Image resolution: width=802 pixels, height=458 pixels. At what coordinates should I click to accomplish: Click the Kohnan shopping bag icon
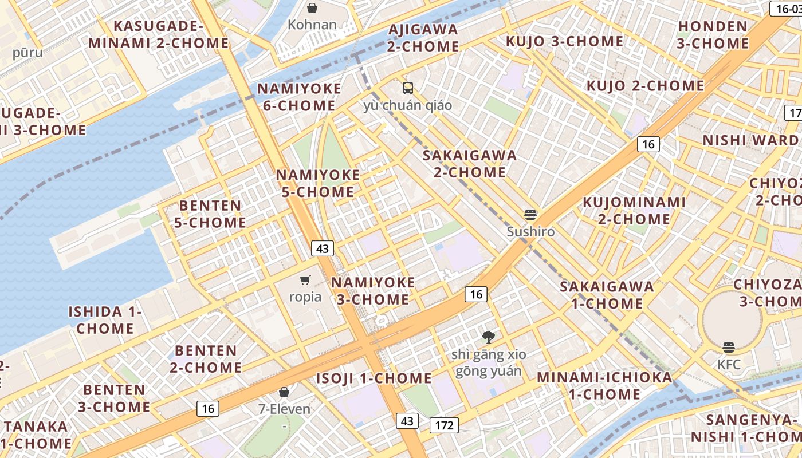312,8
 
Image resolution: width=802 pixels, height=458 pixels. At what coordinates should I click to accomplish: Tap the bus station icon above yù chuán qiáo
408,88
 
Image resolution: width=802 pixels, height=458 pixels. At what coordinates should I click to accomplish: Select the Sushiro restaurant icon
531,215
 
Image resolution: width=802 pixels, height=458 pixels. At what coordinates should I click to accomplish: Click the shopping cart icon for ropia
305,280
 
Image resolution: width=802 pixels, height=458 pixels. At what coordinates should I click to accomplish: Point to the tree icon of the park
489,337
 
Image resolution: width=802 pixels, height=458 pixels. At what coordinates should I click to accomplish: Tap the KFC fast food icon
729,347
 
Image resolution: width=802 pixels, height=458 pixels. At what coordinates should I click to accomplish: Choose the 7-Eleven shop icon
284,392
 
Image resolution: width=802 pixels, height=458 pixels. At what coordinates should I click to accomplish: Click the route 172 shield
444,425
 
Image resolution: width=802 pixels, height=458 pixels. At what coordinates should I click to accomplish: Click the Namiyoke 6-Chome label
299,97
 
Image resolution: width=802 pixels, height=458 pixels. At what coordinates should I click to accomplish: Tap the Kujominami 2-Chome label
634,211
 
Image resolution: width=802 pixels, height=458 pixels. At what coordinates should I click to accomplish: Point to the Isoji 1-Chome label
374,378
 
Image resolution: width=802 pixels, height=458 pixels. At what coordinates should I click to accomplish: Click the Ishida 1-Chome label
105,320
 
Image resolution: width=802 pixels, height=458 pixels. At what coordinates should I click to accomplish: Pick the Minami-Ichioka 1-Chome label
604,386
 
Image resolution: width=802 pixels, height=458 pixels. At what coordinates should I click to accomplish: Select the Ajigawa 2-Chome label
423,38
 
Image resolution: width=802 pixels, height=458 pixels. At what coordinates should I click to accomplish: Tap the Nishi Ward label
750,141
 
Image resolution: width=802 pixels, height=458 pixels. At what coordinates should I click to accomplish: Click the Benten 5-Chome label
210,214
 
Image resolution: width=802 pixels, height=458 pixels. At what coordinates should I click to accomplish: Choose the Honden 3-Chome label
713,35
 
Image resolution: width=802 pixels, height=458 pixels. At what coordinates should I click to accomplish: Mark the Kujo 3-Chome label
564,41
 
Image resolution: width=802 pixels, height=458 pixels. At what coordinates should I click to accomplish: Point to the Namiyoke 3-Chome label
373,291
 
